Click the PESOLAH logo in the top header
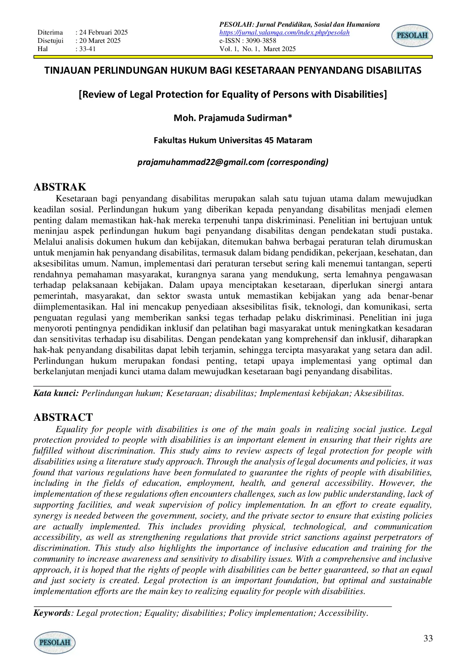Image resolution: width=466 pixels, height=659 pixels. (x=412, y=36)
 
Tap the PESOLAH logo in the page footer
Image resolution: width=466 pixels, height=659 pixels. (x=55, y=642)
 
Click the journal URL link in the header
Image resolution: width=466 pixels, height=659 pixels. (x=284, y=33)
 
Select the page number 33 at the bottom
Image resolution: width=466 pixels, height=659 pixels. (x=428, y=638)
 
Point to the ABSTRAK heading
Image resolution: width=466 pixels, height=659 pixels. (x=60, y=187)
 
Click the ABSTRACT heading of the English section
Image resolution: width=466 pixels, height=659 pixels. (x=63, y=417)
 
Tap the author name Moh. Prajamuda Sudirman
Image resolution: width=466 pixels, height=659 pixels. (x=233, y=118)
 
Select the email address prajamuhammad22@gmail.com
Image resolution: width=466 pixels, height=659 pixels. (x=201, y=162)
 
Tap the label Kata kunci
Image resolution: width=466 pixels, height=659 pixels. (x=56, y=393)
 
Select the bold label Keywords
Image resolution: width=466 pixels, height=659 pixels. (x=51, y=613)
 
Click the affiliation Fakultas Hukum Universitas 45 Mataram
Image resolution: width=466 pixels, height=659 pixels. (x=233, y=141)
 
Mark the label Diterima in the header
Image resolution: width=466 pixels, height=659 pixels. (x=50, y=33)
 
